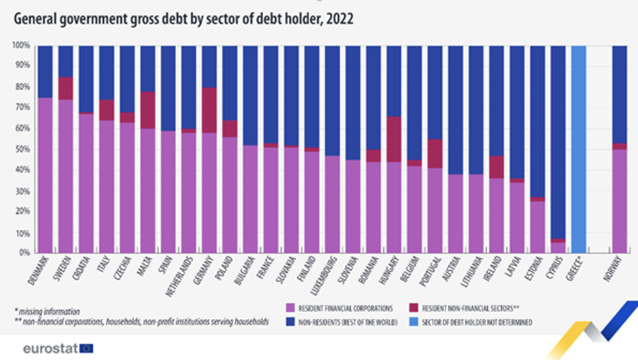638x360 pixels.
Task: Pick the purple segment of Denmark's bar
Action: pos(44,175)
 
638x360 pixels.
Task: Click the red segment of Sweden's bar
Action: pos(65,88)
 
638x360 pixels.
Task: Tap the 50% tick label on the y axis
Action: pos(22,149)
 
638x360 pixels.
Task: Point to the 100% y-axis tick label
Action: pos(21,45)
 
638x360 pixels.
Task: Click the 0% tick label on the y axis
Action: pos(24,253)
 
